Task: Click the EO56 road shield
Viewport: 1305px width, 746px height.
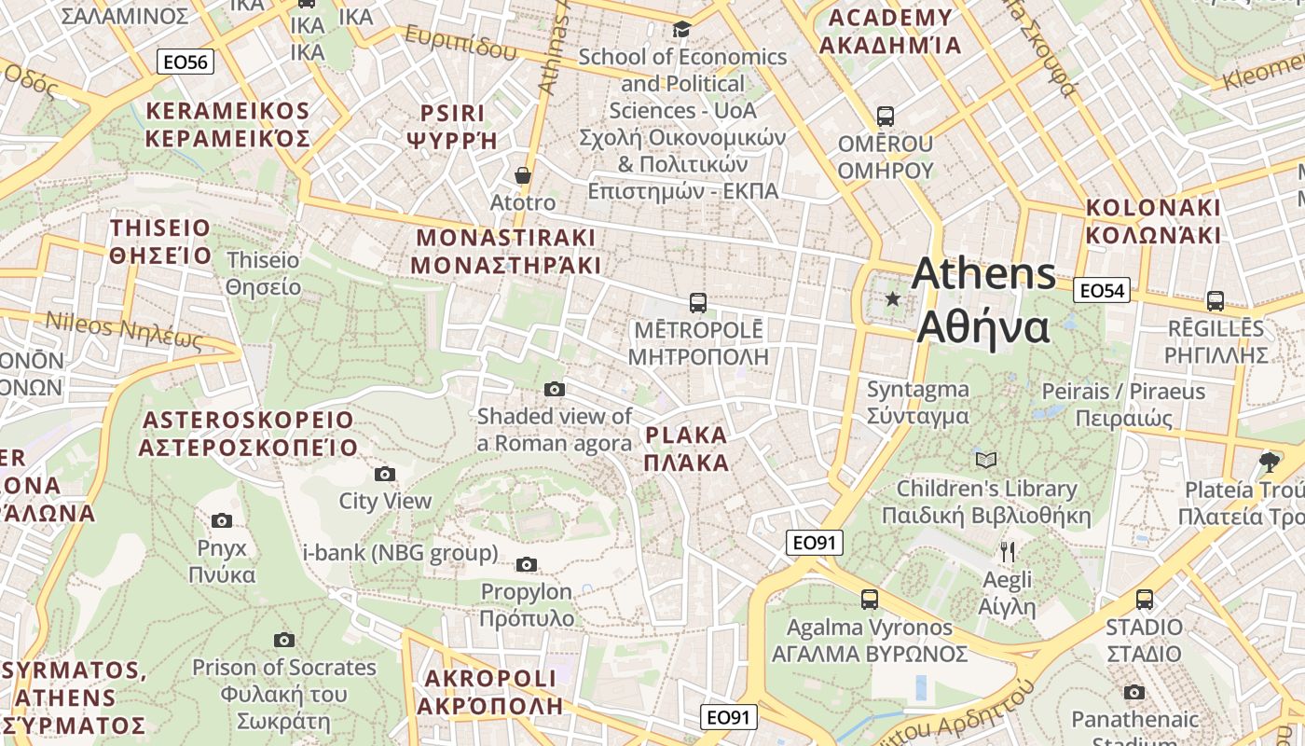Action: pyautogui.click(x=185, y=62)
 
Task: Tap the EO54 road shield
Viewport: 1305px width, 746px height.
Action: pyautogui.click(x=1101, y=290)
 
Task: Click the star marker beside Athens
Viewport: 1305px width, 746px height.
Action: pyautogui.click(x=893, y=299)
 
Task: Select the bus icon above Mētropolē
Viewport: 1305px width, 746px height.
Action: pyautogui.click(x=697, y=302)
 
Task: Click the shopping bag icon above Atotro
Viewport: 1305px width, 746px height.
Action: pyautogui.click(x=523, y=175)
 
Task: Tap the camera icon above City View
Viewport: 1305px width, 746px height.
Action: pyautogui.click(x=384, y=474)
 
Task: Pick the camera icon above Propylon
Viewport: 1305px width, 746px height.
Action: pyautogui.click(x=527, y=564)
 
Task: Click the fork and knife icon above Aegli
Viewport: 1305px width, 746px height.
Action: pyautogui.click(x=1007, y=552)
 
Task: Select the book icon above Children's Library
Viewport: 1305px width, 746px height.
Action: pyautogui.click(x=986, y=460)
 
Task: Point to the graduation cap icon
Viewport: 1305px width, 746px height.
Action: pyautogui.click(x=681, y=30)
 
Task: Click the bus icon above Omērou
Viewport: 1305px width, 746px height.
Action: pyautogui.click(x=885, y=117)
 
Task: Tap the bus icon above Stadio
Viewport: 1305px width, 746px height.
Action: pyautogui.click(x=1144, y=599)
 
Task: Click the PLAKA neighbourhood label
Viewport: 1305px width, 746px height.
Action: pyautogui.click(x=686, y=449)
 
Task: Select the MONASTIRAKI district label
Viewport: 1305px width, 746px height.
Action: pyautogui.click(x=505, y=250)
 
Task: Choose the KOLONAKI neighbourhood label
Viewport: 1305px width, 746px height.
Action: pyautogui.click(x=1153, y=220)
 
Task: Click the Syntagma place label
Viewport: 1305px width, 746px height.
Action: pyautogui.click(x=917, y=402)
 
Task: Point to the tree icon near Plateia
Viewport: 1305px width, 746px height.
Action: pyautogui.click(x=1269, y=462)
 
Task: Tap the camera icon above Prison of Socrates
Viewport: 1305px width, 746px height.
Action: pyautogui.click(x=284, y=640)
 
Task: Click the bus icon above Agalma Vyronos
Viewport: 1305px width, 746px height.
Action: pyautogui.click(x=869, y=599)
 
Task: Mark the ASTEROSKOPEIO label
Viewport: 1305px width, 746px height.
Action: pyautogui.click(x=247, y=434)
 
